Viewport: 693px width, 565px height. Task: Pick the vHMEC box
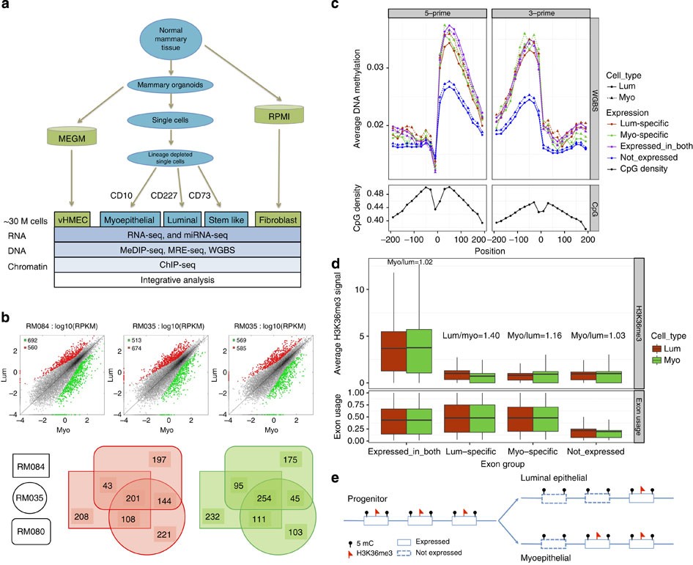(71, 219)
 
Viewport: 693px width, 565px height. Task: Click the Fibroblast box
(277, 219)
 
